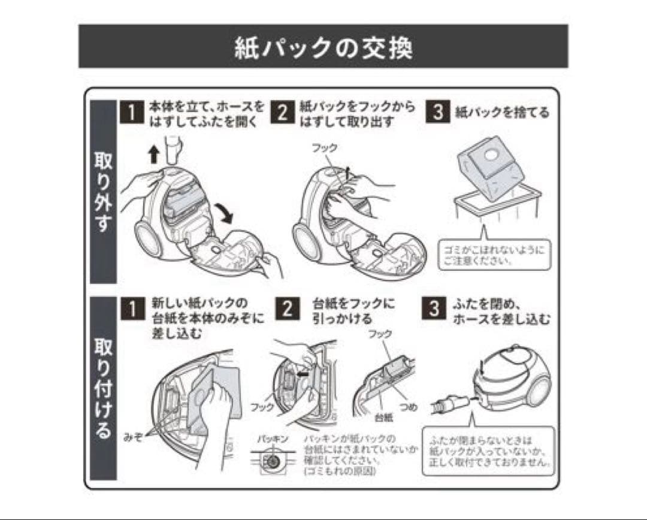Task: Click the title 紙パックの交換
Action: point(323,47)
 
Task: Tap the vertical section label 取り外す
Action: point(102,191)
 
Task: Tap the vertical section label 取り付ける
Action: point(102,388)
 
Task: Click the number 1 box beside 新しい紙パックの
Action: point(132,309)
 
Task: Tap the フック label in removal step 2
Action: point(324,148)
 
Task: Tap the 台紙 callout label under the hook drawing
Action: point(383,415)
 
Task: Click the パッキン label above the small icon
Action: point(273,439)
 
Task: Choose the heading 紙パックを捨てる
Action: point(502,113)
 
